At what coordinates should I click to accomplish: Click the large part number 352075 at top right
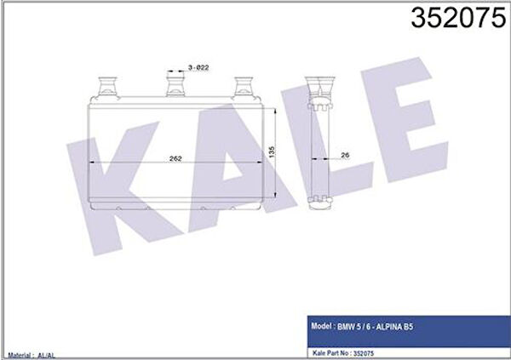coord(458,18)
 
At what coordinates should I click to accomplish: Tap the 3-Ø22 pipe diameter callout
coord(198,68)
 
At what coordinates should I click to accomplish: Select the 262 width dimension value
coord(175,158)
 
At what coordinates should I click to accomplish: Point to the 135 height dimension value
coord(272,152)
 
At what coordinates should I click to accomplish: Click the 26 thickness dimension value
coord(345,155)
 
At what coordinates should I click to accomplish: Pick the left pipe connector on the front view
coord(107,86)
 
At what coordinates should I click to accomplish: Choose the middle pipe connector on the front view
coord(175,86)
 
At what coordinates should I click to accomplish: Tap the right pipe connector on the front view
coord(243,86)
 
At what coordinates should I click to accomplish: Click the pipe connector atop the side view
coord(319,86)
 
